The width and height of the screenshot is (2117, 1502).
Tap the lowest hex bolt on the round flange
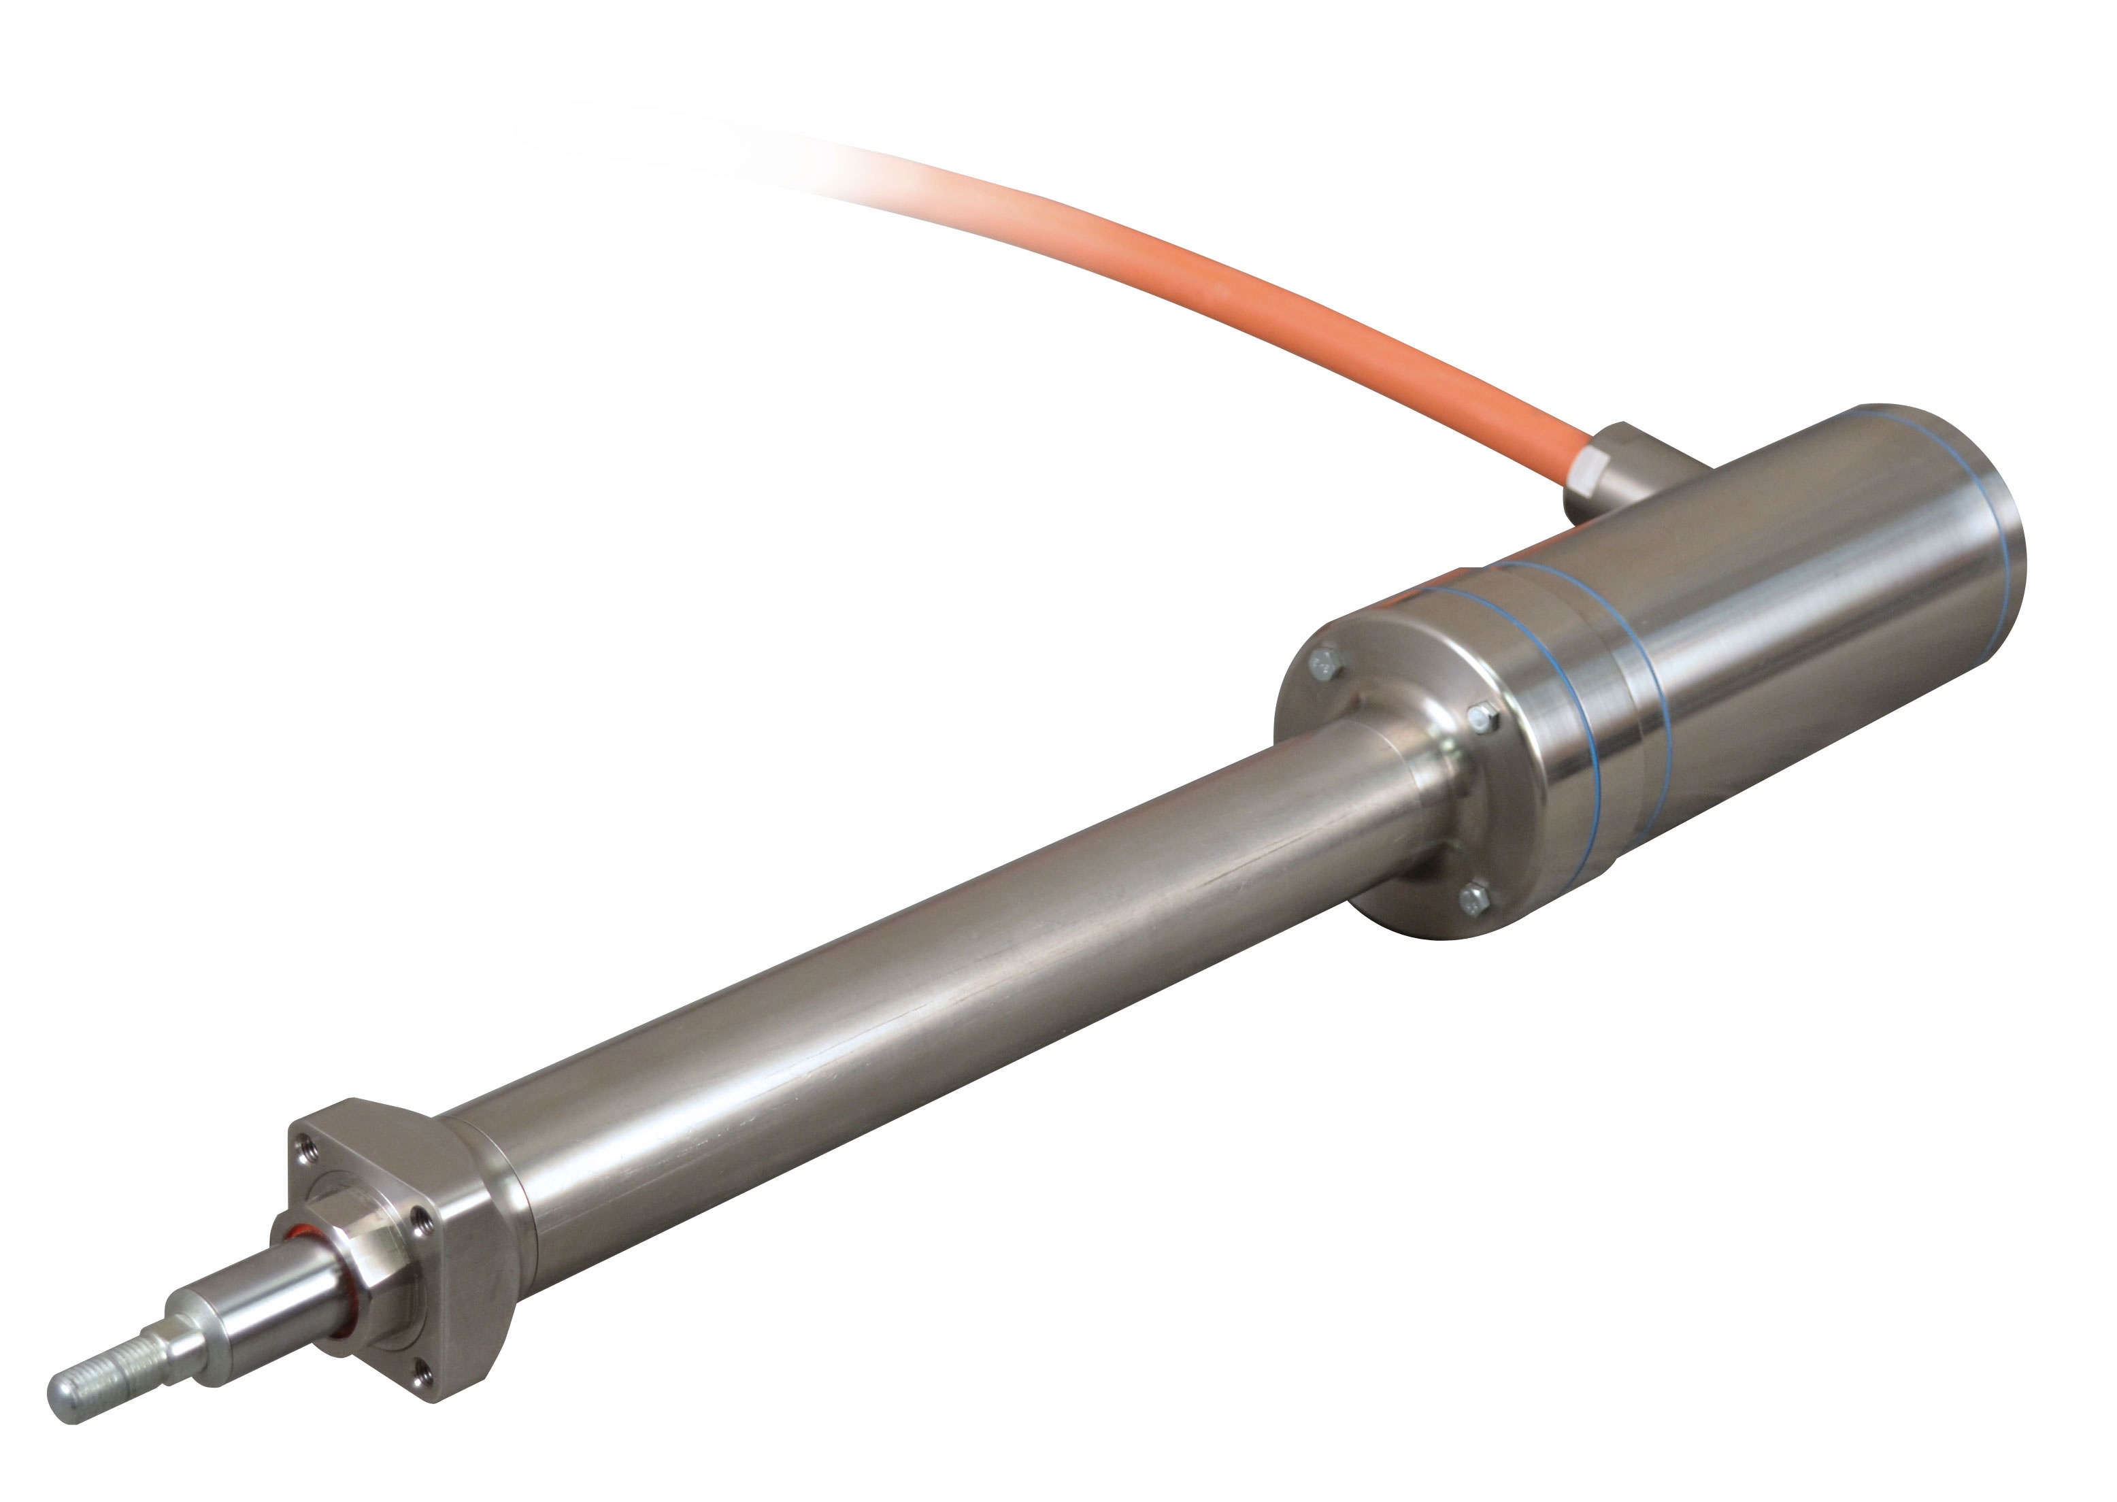tap(1474, 897)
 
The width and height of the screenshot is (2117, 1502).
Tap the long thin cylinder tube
tap(925, 999)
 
